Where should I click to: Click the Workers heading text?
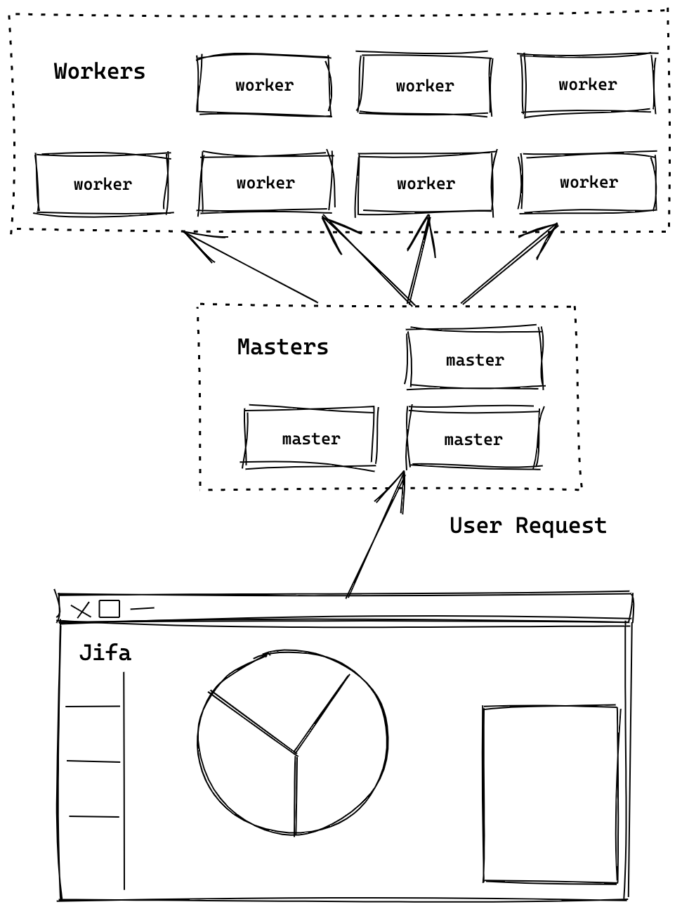(100, 72)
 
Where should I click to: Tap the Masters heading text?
(283, 347)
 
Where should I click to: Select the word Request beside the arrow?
(561, 526)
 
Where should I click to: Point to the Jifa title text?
(105, 653)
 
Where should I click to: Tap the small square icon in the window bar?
(110, 609)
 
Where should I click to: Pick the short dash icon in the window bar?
(142, 608)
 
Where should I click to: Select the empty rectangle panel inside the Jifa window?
(551, 794)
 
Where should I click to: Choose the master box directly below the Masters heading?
(310, 439)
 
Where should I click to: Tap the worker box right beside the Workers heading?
(264, 85)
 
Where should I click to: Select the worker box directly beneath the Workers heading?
(103, 184)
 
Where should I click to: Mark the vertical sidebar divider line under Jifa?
(124, 780)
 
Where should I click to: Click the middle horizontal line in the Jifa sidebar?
(93, 761)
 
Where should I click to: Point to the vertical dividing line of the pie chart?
(296, 794)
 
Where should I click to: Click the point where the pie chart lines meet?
(296, 754)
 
